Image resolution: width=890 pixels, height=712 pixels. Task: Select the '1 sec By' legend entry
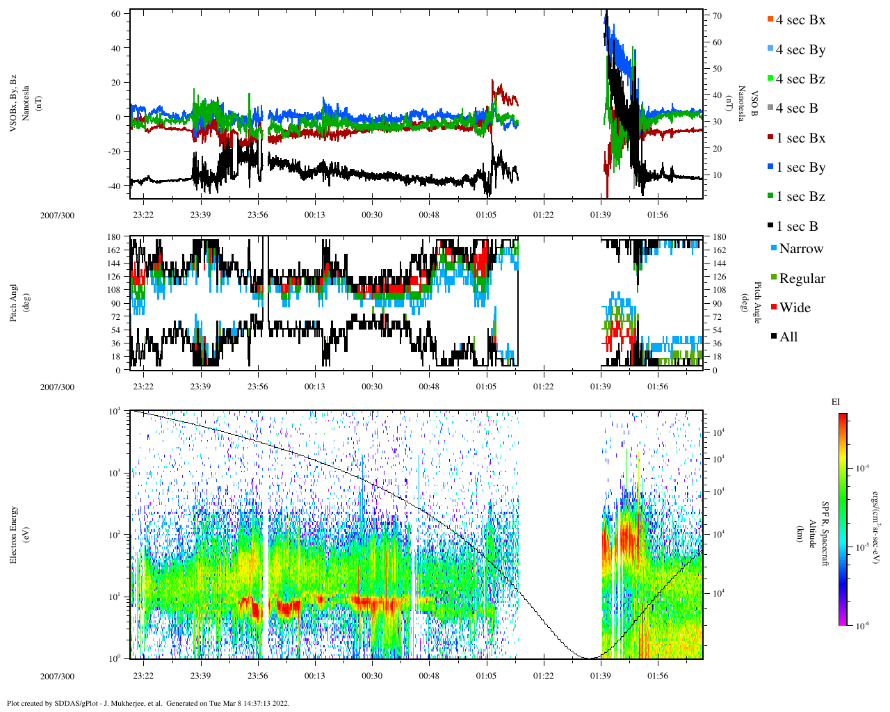[800, 168]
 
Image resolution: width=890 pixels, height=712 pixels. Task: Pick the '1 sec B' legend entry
[797, 227]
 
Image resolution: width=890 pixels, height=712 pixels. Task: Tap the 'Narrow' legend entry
[800, 249]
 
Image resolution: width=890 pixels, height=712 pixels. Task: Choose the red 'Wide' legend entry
[795, 308]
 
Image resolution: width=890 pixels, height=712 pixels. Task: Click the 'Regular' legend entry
[802, 279]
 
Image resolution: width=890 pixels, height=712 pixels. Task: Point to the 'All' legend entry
[788, 337]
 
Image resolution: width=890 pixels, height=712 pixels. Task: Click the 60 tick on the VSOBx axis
[115, 14]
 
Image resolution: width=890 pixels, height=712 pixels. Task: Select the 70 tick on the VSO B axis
[717, 16]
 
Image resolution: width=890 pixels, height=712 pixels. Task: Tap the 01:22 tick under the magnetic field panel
[543, 215]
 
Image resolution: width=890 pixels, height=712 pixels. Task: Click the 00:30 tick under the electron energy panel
[372, 676]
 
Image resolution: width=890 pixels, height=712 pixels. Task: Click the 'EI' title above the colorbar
[836, 402]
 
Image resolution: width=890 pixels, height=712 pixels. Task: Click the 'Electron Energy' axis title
[14, 534]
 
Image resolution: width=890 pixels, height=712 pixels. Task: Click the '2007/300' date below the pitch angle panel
[57, 387]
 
